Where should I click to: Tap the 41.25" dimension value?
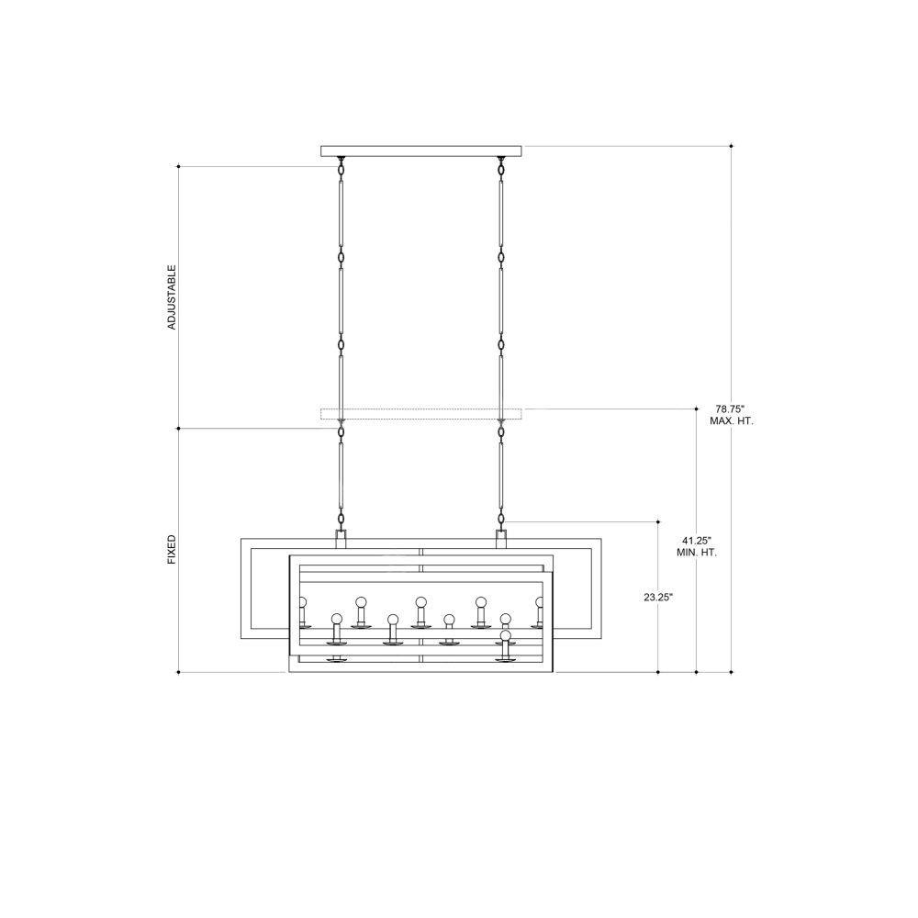697,541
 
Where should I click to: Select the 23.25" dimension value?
658,598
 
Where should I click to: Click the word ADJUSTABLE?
172,297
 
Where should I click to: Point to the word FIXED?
172,549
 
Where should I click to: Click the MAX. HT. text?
732,421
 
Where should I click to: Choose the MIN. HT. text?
697,552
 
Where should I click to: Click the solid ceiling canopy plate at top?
421,151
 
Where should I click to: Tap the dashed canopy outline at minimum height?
421,414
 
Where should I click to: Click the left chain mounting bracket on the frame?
341,539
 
